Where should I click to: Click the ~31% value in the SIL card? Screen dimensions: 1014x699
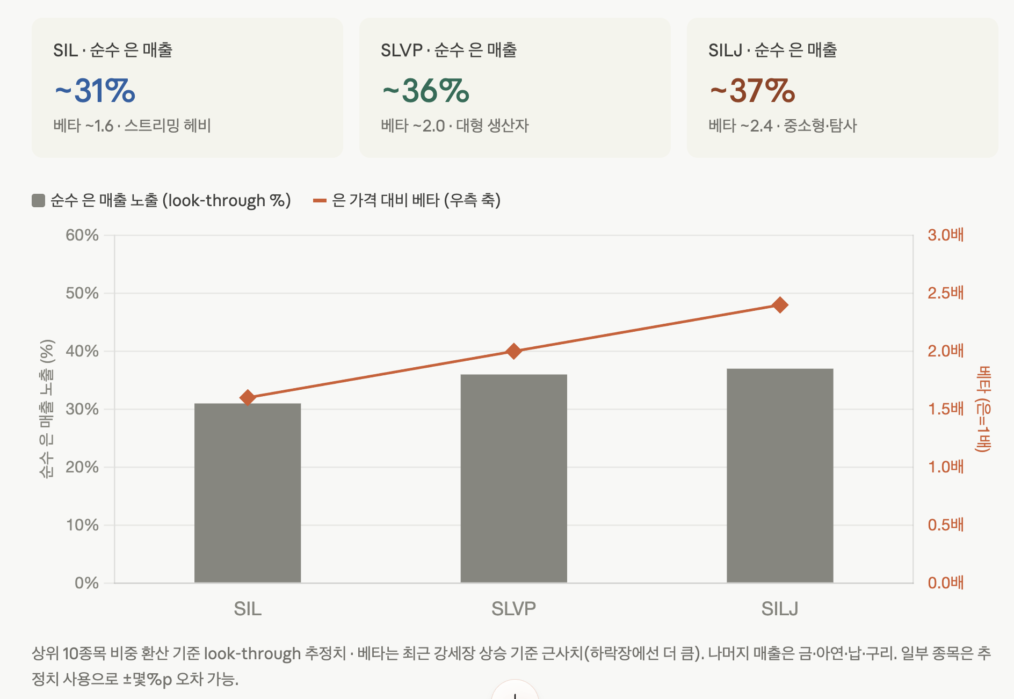pyautogui.click(x=95, y=90)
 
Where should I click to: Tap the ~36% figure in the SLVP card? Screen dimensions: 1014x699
pyautogui.click(x=426, y=90)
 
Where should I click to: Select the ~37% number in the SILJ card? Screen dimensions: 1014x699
pyautogui.click(x=752, y=90)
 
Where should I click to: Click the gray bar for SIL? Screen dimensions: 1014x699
pyautogui.click(x=248, y=493)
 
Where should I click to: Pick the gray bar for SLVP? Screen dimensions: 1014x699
pyautogui.click(x=514, y=478)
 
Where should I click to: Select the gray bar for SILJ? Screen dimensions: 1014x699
pyautogui.click(x=780, y=476)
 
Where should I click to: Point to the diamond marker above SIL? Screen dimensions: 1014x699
pyautogui.click(x=248, y=398)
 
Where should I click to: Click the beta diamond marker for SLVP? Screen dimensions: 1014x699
pyautogui.click(x=514, y=351)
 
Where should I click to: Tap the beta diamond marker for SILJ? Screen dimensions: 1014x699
pyautogui.click(x=780, y=305)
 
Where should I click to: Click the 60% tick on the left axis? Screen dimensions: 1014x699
pyautogui.click(x=82, y=235)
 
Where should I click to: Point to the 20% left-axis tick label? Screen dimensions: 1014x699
pyautogui.click(x=82, y=467)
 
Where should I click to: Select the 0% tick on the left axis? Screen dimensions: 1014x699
pyautogui.click(x=87, y=583)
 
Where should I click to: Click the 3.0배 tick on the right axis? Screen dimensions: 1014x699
pyautogui.click(x=946, y=235)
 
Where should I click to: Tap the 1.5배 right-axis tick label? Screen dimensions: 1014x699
pyautogui.click(x=946, y=409)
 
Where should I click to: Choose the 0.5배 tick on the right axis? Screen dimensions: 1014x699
pyautogui.click(x=946, y=525)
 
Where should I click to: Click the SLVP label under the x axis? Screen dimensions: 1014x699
pyautogui.click(x=514, y=609)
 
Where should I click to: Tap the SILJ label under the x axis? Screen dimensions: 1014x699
pyautogui.click(x=780, y=609)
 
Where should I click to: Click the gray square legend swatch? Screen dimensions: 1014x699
pyautogui.click(x=38, y=200)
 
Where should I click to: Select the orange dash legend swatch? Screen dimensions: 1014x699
pyautogui.click(x=320, y=200)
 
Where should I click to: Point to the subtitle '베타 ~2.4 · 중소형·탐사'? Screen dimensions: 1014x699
pyautogui.click(x=783, y=126)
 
